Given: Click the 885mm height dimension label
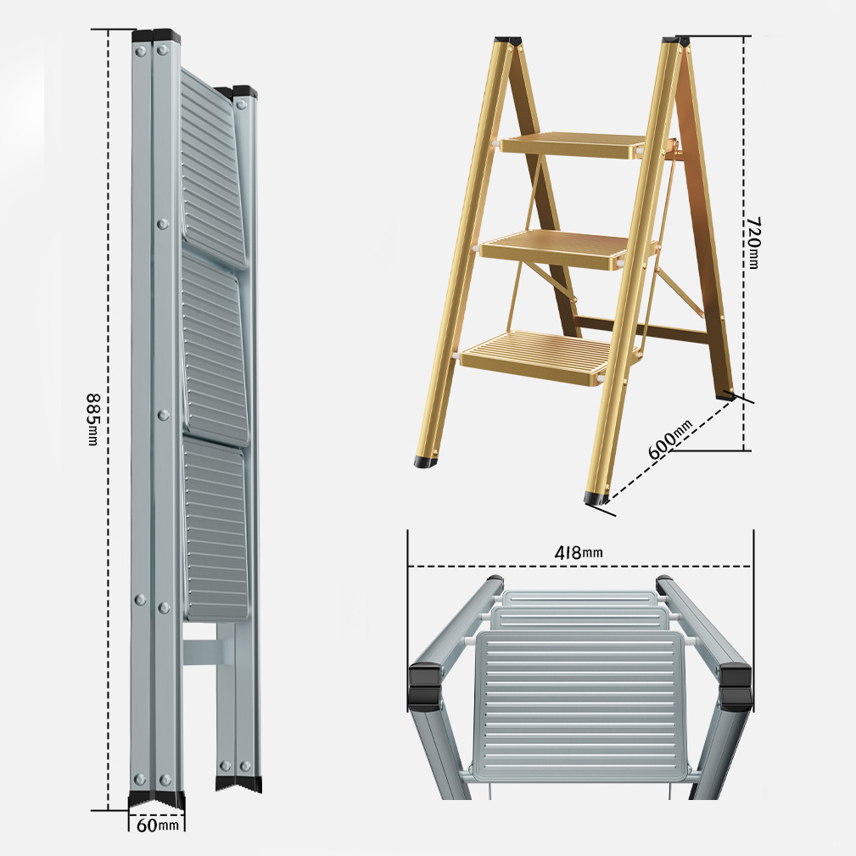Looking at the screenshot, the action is (x=93, y=419).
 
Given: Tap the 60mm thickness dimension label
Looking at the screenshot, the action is (x=157, y=825).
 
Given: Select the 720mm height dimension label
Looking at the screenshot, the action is (x=753, y=243).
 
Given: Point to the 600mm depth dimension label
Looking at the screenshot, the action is (x=670, y=439).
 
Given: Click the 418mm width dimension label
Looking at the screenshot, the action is (x=579, y=552).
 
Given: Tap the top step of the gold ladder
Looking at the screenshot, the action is (x=573, y=145).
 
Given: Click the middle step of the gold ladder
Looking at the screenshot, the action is (x=552, y=249).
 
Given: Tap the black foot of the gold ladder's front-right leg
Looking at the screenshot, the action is (x=596, y=498).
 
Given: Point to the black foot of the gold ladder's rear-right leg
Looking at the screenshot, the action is (x=726, y=395).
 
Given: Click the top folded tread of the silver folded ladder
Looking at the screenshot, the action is (x=212, y=169).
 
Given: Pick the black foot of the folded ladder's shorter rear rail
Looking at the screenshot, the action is (x=238, y=783).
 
